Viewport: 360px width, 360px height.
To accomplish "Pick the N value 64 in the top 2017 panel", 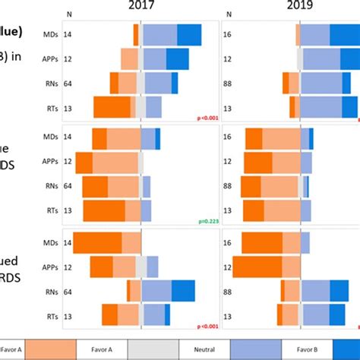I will (x=68, y=83).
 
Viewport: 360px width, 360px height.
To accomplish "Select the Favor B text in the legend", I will (x=308, y=349).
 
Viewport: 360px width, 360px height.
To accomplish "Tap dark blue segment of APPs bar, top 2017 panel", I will (x=178, y=58).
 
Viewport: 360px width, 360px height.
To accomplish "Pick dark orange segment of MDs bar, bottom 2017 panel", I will (x=97, y=242).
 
